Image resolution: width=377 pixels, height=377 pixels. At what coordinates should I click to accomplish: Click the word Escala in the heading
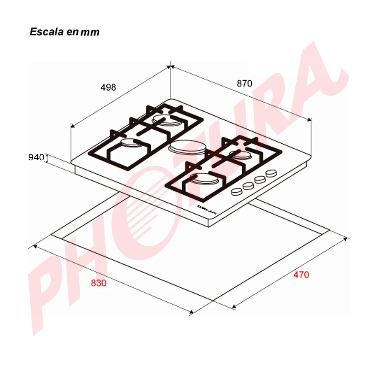(47, 32)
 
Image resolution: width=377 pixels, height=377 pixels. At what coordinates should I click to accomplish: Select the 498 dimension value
(108, 87)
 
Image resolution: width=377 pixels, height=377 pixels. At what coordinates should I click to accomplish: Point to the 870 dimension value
(244, 84)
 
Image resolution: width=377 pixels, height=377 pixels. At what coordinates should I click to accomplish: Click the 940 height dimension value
(36, 157)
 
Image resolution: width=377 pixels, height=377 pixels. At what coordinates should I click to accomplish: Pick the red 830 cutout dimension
(99, 283)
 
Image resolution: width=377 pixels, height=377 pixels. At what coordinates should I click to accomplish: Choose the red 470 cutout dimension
(301, 275)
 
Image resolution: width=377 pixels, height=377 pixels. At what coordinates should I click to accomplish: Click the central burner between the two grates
(187, 148)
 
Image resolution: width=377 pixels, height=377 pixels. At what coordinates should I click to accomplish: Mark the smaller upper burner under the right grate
(240, 155)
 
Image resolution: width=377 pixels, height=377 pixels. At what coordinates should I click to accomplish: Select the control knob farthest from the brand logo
(271, 173)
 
